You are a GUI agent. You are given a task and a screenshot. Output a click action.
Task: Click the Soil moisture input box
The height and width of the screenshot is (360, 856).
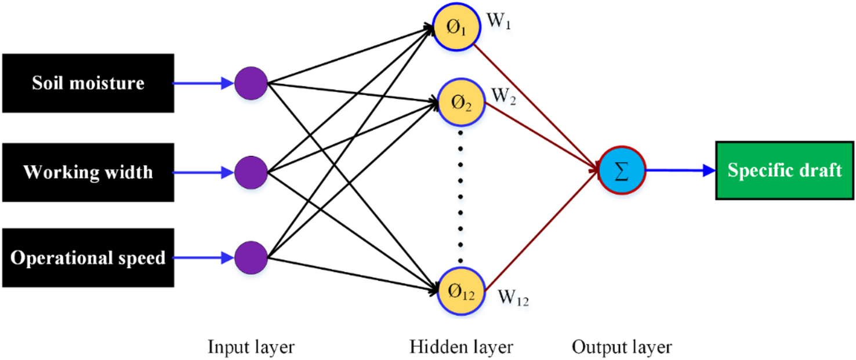[x=88, y=83]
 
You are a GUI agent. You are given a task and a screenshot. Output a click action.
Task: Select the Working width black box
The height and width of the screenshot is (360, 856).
[x=88, y=172]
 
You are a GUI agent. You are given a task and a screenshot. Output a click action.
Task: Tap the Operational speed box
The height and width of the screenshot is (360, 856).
[x=88, y=257]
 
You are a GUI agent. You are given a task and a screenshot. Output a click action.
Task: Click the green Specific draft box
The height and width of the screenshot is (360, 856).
[x=785, y=171]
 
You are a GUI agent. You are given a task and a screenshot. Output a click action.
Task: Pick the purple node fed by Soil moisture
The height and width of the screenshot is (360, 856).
[x=251, y=83]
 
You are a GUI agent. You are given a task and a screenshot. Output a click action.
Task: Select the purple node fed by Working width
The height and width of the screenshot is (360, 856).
[x=251, y=172]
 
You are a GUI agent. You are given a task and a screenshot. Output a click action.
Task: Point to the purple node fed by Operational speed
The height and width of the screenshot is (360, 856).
[x=251, y=257]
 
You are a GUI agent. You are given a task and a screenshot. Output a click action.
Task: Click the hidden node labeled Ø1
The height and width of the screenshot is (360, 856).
[x=455, y=28]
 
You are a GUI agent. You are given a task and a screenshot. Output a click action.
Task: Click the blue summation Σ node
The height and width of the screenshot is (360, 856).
[x=621, y=170]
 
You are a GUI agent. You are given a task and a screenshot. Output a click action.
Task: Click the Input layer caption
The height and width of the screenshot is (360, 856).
[x=251, y=347]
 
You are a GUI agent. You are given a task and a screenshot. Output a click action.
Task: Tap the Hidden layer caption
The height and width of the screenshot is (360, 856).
[x=461, y=347]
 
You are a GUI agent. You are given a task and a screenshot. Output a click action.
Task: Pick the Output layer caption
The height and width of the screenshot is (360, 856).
[x=622, y=347]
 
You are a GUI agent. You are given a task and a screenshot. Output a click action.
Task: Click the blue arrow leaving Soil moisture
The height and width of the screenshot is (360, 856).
[x=204, y=83]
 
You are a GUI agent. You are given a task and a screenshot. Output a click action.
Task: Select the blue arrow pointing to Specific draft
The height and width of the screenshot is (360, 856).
[x=679, y=170]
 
